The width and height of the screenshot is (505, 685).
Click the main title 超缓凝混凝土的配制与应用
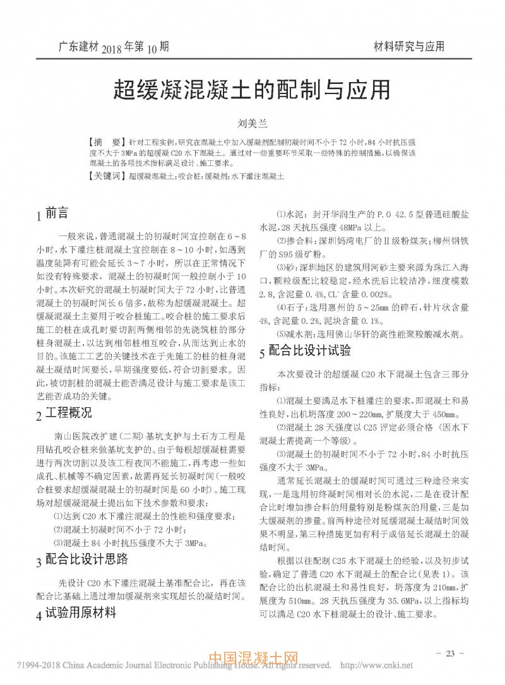click(x=251, y=90)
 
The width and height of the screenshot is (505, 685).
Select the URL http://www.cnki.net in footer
click(x=376, y=665)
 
